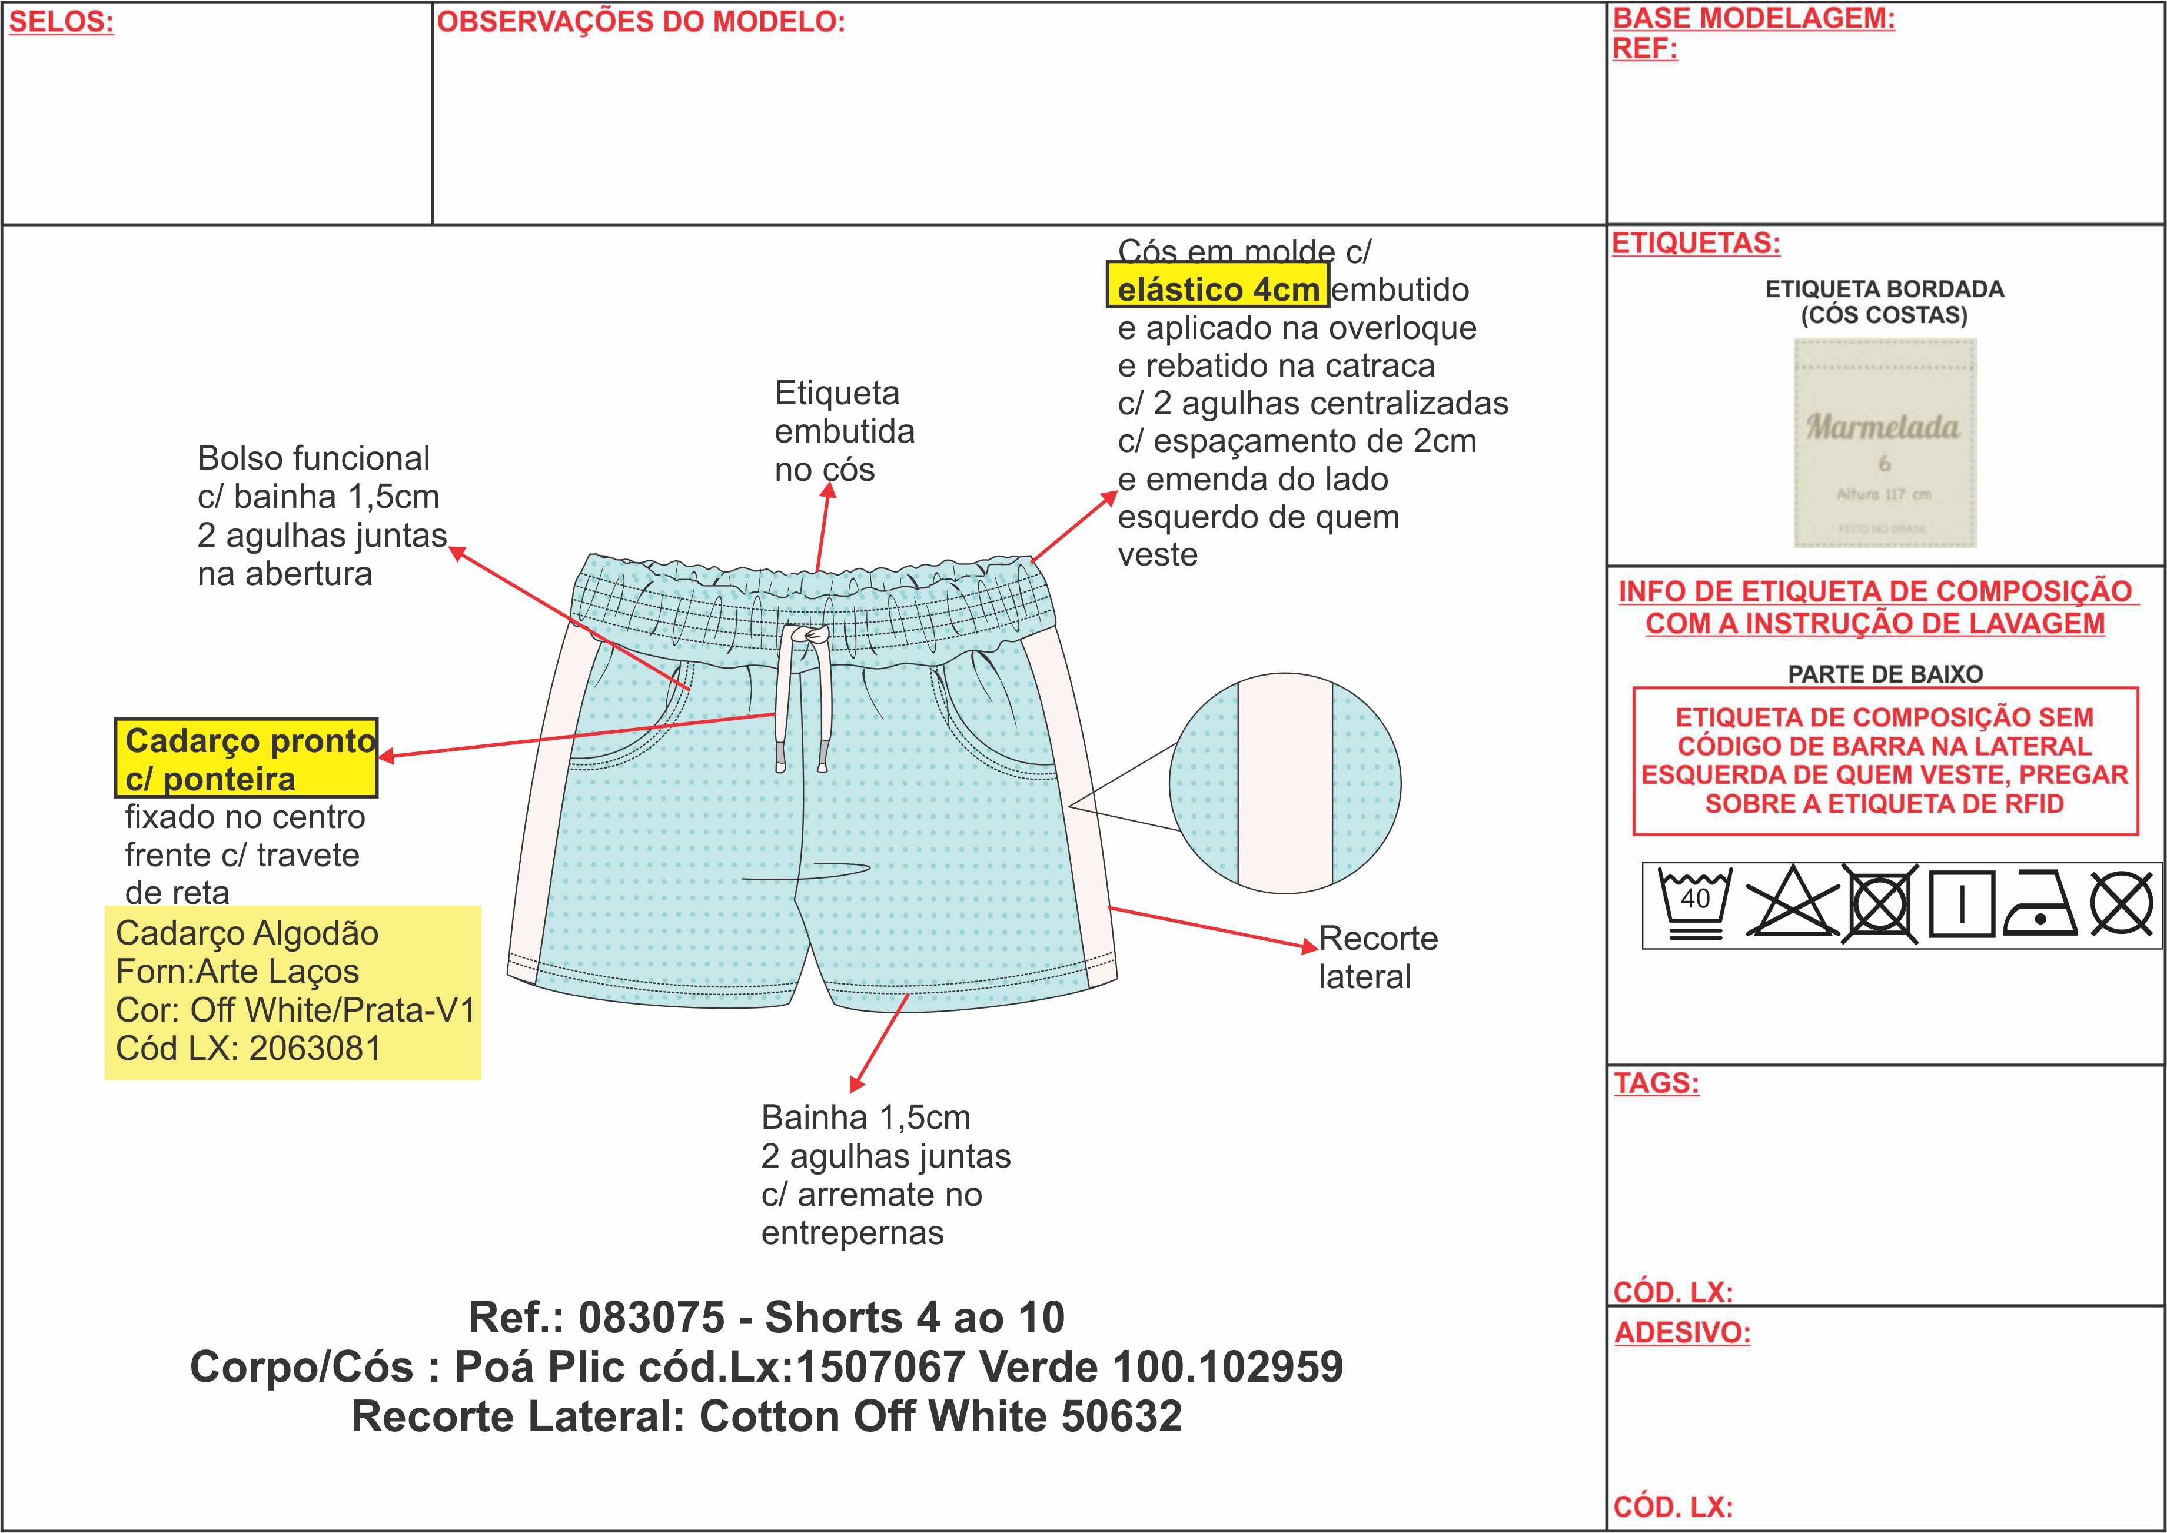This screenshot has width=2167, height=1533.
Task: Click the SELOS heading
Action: (61, 22)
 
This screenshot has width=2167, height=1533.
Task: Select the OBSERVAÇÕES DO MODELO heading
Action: (640, 22)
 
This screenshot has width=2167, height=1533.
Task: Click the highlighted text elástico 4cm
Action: (1218, 289)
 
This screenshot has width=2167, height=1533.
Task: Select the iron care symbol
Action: (2040, 903)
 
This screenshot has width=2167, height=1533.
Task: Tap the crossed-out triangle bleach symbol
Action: (1790, 902)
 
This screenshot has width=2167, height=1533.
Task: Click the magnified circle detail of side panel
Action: (1285, 783)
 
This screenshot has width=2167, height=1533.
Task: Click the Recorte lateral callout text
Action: (1377, 956)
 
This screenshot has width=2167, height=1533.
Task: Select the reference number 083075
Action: (652, 1317)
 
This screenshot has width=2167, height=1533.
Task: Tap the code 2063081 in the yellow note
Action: (314, 1048)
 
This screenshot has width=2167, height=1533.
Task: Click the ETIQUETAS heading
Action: (1696, 244)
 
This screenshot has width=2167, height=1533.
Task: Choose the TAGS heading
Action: (1656, 1083)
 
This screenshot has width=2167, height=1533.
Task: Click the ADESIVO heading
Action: (1682, 1333)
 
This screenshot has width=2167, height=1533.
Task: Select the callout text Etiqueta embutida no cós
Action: (844, 431)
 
